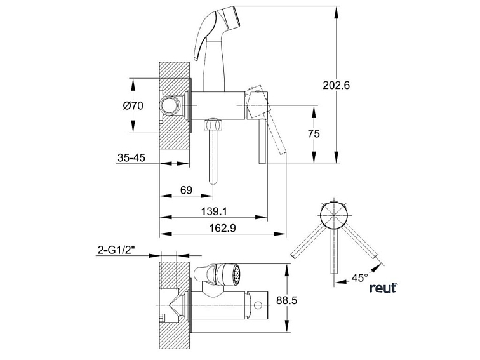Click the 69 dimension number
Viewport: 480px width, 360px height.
[x=187, y=190]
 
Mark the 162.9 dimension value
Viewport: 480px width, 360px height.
[x=217, y=229]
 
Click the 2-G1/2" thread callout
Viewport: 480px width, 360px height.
[x=119, y=251]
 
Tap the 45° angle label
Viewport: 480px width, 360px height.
[x=359, y=277]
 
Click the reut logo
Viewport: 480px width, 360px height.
[x=383, y=288]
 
